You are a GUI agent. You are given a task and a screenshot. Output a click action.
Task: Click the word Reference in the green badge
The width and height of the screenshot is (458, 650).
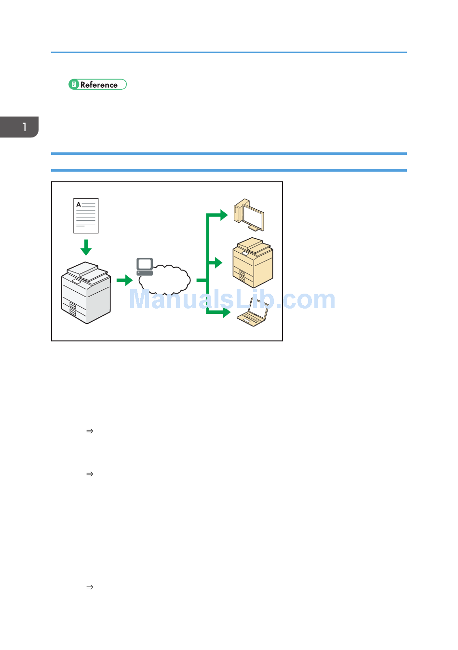tap(99, 85)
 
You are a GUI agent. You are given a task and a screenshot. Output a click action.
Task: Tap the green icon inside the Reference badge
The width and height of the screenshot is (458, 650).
tap(74, 84)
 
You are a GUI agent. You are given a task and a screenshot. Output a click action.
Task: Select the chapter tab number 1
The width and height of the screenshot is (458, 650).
tap(24, 127)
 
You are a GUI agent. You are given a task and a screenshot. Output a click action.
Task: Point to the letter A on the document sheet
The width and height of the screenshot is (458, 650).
tap(79, 204)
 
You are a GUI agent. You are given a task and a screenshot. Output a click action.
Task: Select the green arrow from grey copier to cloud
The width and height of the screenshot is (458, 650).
tap(124, 280)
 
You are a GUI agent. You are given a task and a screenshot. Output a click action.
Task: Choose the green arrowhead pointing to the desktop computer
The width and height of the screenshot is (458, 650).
tap(223, 215)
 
